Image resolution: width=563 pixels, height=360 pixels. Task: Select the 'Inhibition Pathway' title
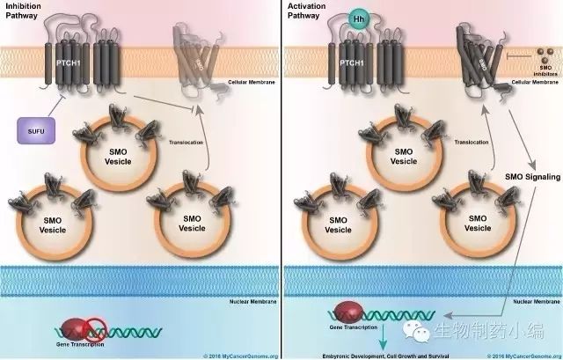click(24, 11)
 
